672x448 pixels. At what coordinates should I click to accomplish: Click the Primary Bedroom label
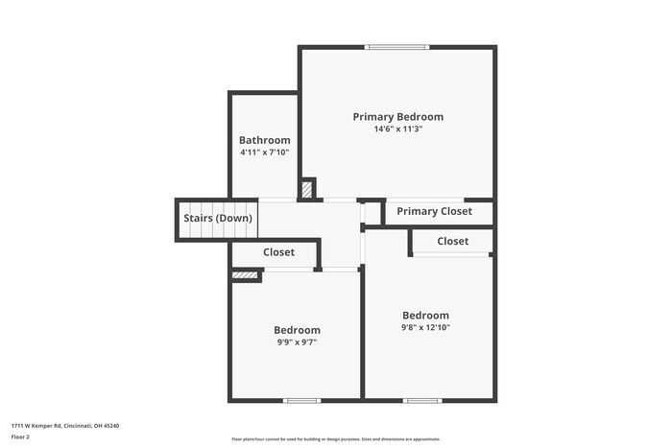click(397, 117)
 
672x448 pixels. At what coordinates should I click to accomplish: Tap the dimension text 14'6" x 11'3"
click(397, 130)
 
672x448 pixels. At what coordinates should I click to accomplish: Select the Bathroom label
click(264, 140)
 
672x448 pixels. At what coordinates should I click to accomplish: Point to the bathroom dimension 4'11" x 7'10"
click(264, 153)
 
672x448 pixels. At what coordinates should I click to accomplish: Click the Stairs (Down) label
click(218, 218)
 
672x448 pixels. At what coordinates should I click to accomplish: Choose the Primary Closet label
click(434, 212)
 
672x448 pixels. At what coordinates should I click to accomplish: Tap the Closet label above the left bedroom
click(278, 252)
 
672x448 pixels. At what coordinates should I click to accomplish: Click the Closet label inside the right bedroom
click(452, 242)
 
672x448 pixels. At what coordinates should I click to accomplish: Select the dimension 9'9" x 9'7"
click(297, 342)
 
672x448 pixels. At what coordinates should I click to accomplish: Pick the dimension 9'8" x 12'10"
click(425, 328)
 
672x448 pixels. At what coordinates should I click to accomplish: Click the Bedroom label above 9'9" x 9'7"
click(297, 330)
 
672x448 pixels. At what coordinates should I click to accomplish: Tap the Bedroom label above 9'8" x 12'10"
click(425, 316)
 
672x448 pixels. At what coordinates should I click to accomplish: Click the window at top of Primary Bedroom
click(397, 46)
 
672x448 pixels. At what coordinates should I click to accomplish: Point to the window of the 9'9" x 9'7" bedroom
click(301, 400)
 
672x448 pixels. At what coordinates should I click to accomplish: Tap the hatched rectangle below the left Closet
click(246, 275)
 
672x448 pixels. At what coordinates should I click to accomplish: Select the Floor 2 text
click(20, 436)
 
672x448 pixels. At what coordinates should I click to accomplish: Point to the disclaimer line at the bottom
click(335, 437)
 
